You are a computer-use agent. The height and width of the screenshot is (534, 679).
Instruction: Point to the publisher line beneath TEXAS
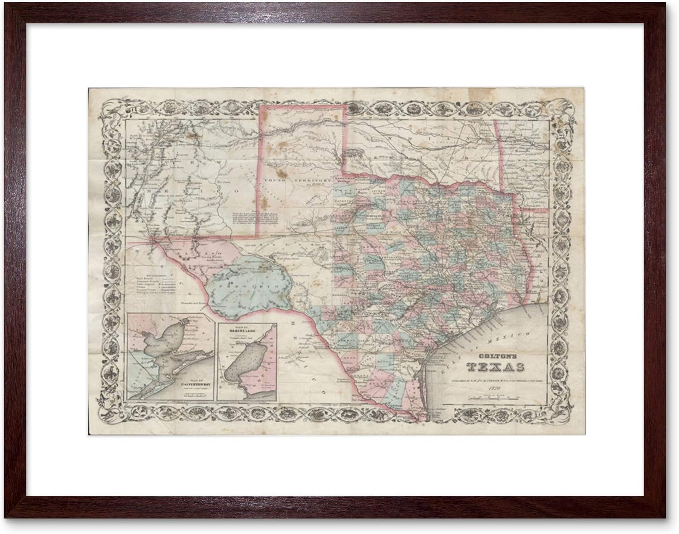(495, 379)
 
